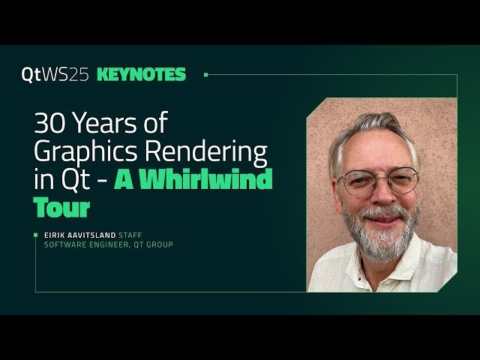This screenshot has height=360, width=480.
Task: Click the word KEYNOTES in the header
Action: [x=142, y=74]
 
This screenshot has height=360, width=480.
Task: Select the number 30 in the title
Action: [x=49, y=123]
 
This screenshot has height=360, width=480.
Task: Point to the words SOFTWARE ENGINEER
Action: [x=80, y=244]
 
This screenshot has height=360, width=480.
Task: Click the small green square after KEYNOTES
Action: [x=206, y=74]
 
